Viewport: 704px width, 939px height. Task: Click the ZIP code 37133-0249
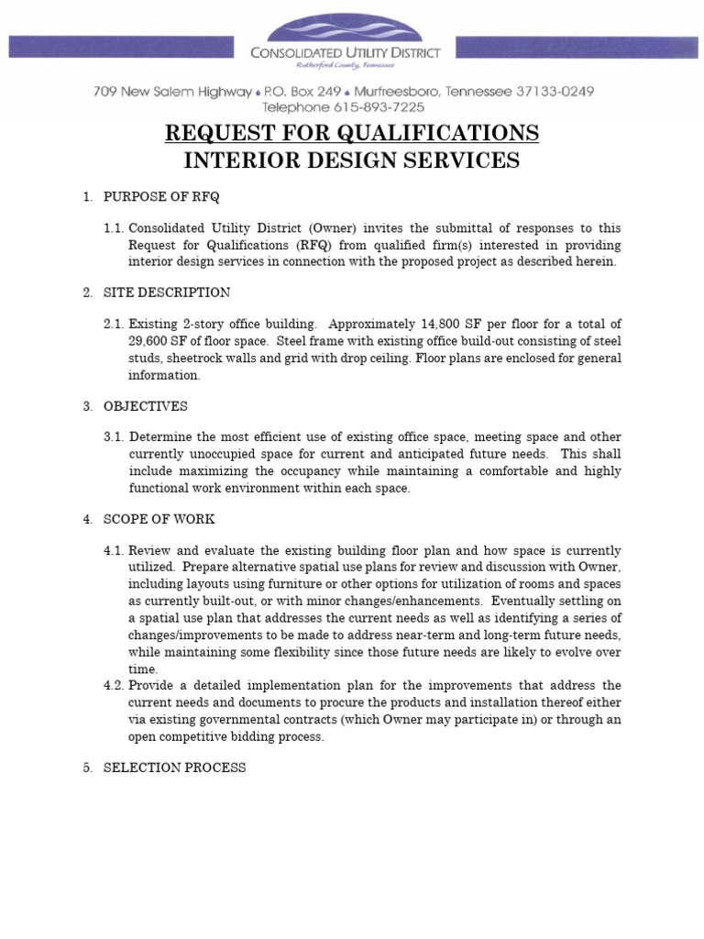click(542, 92)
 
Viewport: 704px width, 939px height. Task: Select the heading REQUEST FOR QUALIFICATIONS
click(352, 133)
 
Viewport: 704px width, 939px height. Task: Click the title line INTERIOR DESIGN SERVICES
click(352, 161)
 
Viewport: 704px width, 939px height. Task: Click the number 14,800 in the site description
click(444, 325)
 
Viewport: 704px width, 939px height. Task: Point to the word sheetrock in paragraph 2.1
click(195, 358)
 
